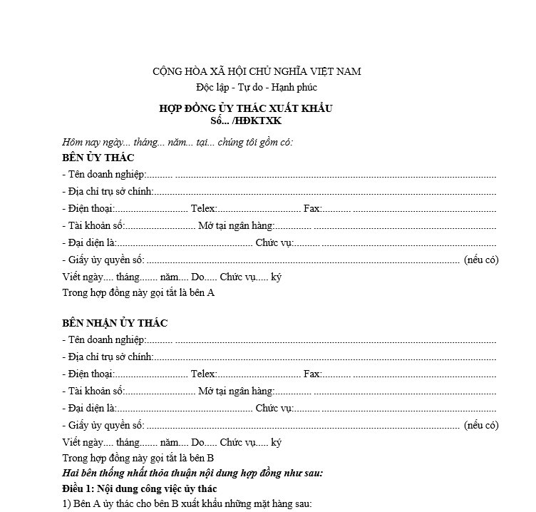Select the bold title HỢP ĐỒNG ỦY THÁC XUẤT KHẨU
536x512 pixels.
point(246,108)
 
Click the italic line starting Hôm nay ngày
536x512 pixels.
point(177,142)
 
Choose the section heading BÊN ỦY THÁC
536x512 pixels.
point(98,158)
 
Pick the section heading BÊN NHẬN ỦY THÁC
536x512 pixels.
point(115,323)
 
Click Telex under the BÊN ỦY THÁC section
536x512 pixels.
point(203,208)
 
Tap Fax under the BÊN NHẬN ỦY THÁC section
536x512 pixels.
point(312,374)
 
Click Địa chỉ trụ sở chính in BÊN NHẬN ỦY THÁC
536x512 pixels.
point(108,357)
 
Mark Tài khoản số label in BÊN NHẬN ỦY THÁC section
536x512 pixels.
point(94,391)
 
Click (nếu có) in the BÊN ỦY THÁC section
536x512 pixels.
point(481,260)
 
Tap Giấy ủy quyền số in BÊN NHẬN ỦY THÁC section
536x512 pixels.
point(104,425)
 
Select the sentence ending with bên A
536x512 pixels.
point(138,292)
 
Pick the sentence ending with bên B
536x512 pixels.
point(138,458)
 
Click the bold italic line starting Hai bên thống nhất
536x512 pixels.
point(193,473)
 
